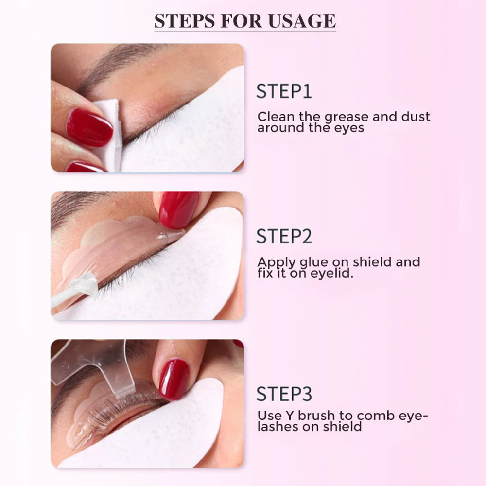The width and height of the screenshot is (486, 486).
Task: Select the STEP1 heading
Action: pyautogui.click(x=284, y=91)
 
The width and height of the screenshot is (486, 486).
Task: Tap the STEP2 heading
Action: pyautogui.click(x=284, y=236)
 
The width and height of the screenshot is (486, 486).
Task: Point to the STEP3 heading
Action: pyautogui.click(x=284, y=394)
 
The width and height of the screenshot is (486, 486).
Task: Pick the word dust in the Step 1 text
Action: pyautogui.click(x=412, y=117)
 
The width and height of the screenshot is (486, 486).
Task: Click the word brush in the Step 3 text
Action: pyautogui.click(x=314, y=416)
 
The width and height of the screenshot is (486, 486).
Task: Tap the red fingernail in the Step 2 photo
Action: pyautogui.click(x=178, y=209)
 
